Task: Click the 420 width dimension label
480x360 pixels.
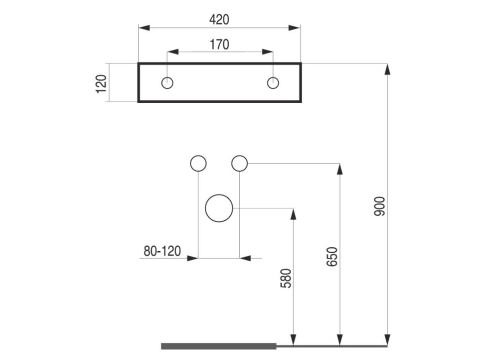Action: pyautogui.click(x=219, y=20)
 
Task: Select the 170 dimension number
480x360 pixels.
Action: pyautogui.click(x=219, y=45)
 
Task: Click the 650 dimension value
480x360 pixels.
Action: pyautogui.click(x=332, y=257)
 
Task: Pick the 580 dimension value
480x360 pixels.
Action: pyautogui.click(x=285, y=278)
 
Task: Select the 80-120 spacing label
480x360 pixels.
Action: pyautogui.click(x=162, y=251)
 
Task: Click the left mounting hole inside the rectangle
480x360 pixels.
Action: pyautogui.click(x=167, y=83)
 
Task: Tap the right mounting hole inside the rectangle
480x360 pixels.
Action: pyautogui.click(x=273, y=83)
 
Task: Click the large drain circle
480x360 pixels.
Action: pyautogui.click(x=219, y=208)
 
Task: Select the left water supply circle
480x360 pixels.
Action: pyautogui.click(x=198, y=163)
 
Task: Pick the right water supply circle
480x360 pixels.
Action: pyautogui.click(x=240, y=163)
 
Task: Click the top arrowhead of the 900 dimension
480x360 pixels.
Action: pyautogui.click(x=387, y=68)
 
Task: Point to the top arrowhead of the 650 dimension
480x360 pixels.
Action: pyautogui.click(x=340, y=169)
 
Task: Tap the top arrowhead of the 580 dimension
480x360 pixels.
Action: pyautogui.click(x=293, y=214)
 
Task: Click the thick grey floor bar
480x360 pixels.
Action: pyautogui.click(x=219, y=346)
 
